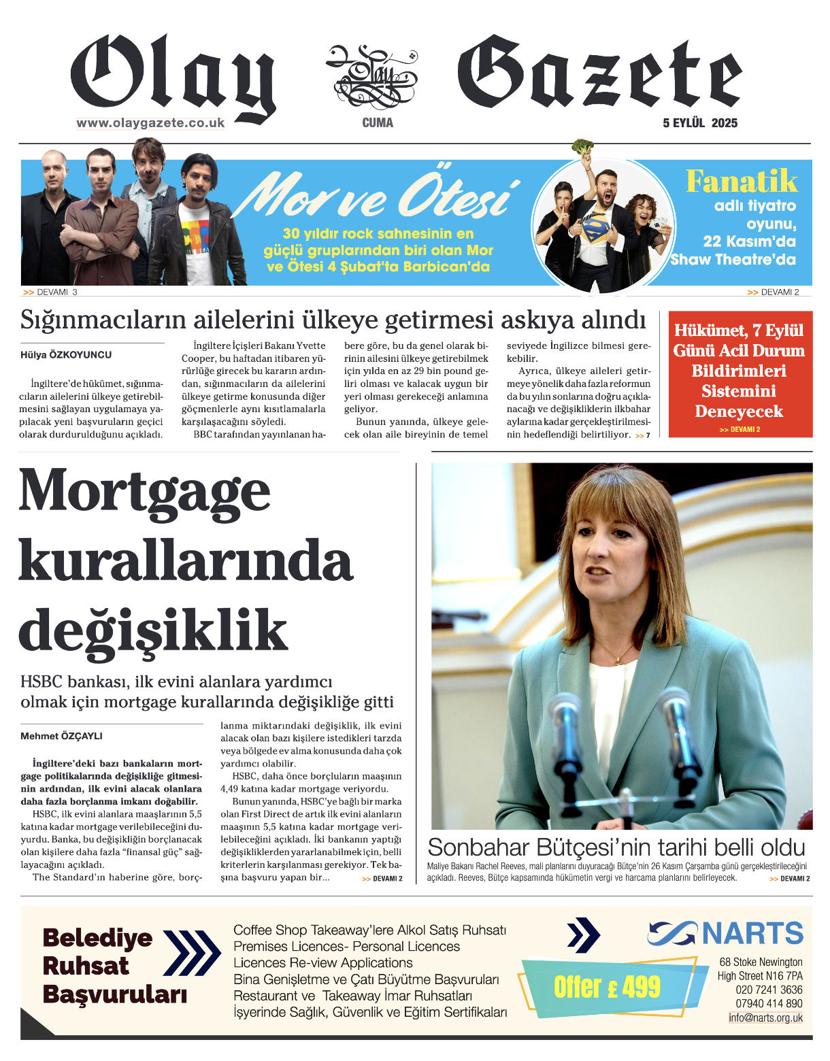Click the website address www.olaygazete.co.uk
150,123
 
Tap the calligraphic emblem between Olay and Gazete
371,77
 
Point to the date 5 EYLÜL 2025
700,123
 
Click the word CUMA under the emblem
378,123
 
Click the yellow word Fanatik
742,182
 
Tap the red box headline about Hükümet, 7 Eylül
740,371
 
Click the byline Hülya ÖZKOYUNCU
66,355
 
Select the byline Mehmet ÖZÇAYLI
61,736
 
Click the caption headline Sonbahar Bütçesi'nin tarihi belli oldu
616,847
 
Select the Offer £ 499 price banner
607,987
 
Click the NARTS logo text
752,933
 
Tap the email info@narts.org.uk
765,1018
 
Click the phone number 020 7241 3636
769,990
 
